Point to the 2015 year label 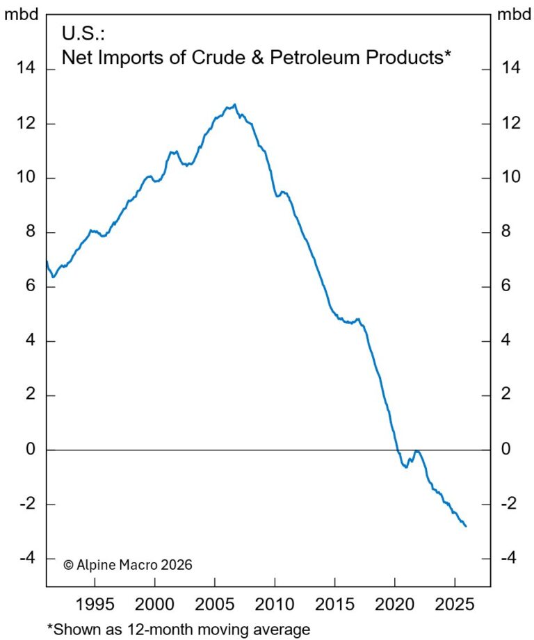point(334,601)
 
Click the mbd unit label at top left point(22,15)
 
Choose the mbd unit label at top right point(512,15)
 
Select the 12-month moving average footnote point(177,629)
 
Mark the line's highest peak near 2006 point(235,105)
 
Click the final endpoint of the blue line point(466,526)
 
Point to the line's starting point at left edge point(47,261)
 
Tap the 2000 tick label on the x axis point(155,601)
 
